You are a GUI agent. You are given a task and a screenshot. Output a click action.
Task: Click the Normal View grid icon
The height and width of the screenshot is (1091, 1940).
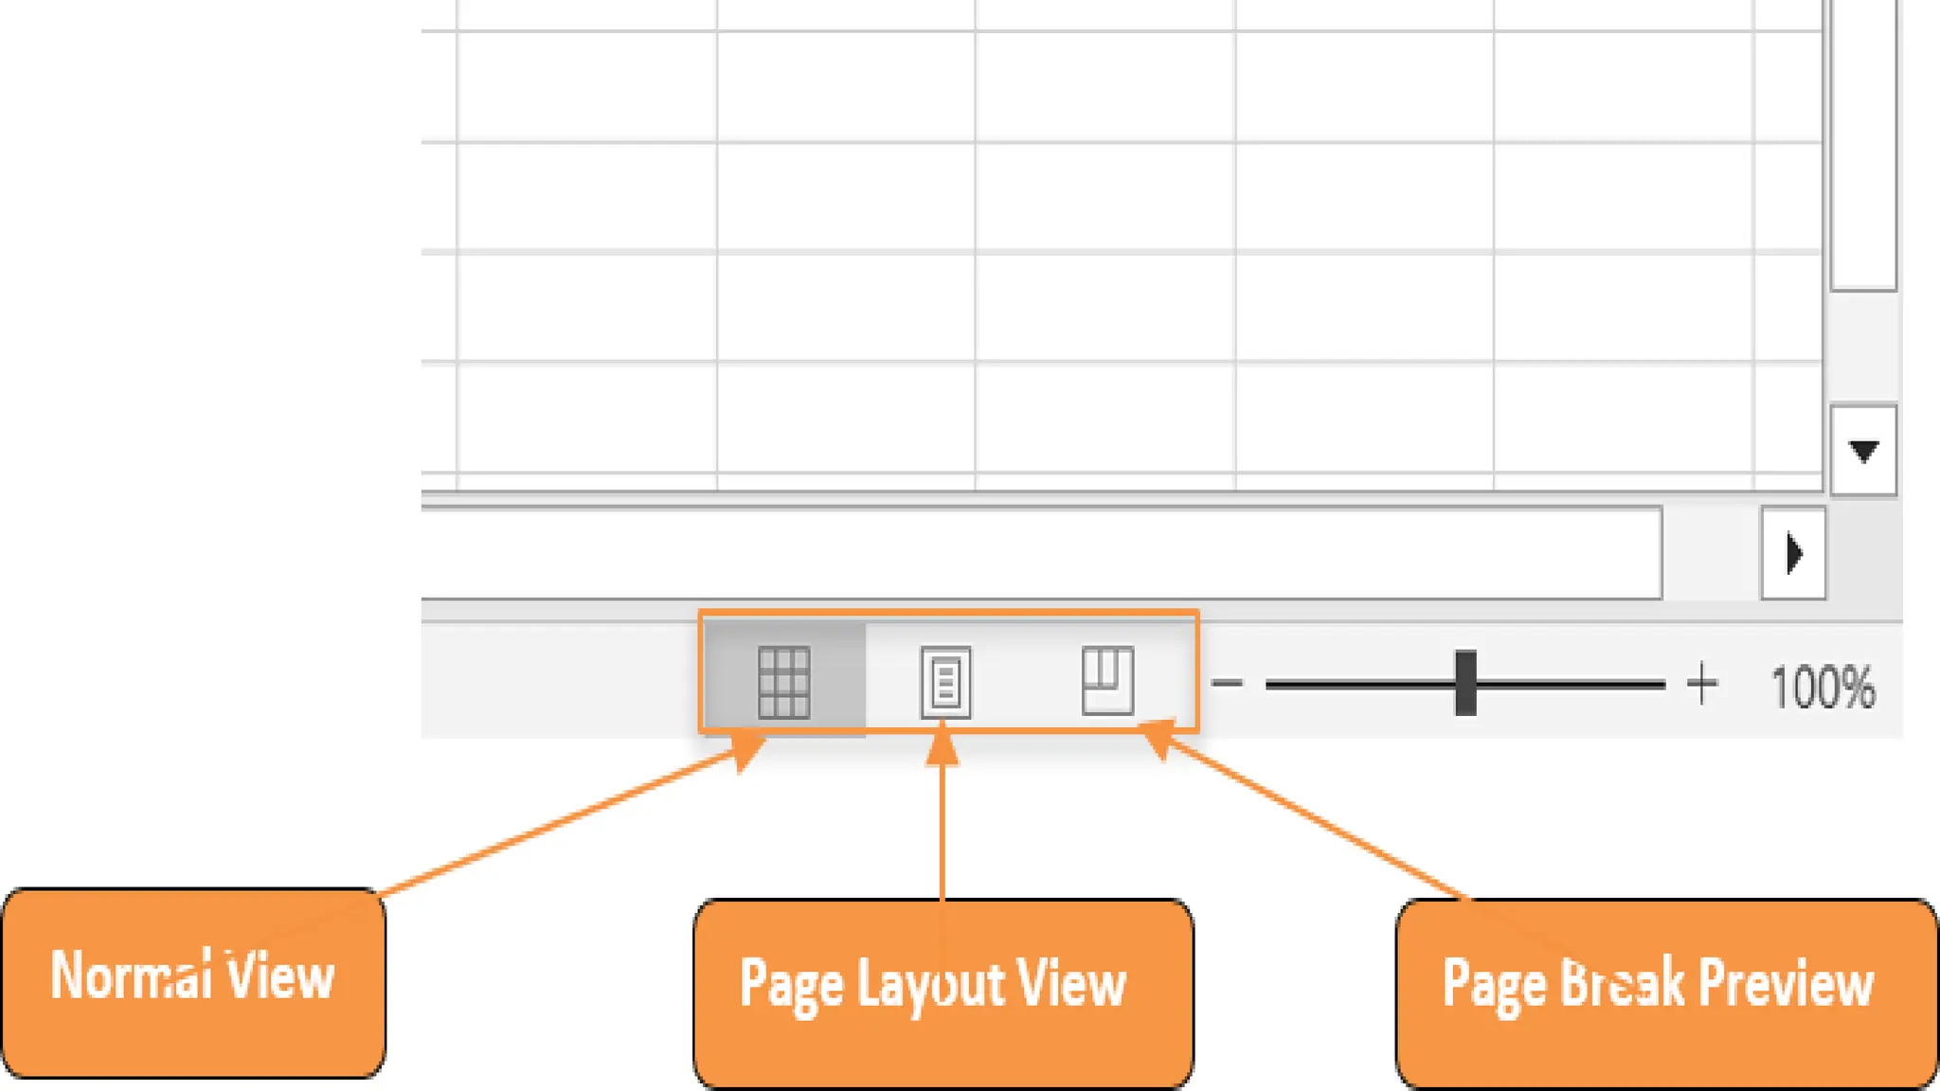click(x=783, y=682)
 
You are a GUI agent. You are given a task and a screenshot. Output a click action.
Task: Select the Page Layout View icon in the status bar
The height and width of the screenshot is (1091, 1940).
click(x=945, y=682)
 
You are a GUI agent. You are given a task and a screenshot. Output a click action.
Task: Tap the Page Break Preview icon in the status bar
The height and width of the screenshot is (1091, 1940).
click(x=1107, y=680)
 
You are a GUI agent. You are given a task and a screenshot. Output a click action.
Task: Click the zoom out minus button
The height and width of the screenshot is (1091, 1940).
click(x=1228, y=683)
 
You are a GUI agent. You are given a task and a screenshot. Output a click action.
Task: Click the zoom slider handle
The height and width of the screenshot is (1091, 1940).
click(x=1465, y=683)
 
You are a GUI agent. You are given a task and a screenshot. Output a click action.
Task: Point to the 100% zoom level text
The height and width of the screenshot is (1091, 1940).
click(x=1822, y=687)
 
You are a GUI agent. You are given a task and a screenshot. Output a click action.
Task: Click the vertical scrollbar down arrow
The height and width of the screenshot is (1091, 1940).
click(x=1863, y=451)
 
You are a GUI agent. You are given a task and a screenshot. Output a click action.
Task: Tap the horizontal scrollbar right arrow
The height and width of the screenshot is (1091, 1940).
click(x=1793, y=554)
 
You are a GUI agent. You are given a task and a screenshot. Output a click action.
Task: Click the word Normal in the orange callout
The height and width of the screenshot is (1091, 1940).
click(x=131, y=975)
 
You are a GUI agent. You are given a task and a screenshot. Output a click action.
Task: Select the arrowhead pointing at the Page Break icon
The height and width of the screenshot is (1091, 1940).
click(x=1158, y=740)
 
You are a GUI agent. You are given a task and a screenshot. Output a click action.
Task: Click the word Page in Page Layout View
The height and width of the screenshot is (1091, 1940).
click(x=790, y=985)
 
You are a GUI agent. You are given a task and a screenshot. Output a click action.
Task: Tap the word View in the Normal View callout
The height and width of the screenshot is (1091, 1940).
click(x=280, y=975)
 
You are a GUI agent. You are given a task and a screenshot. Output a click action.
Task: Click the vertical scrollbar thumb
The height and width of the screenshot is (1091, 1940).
click(x=1863, y=142)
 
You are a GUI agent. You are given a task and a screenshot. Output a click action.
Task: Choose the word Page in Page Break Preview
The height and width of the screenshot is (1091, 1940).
click(x=1493, y=984)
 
